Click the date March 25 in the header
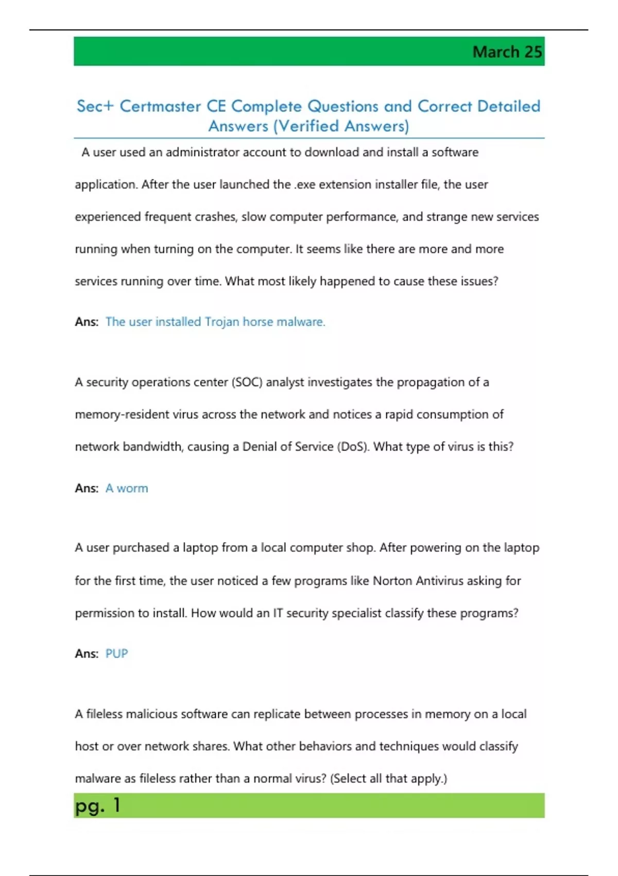[507, 52]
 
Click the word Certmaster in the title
[160, 106]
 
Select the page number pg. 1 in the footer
[97, 805]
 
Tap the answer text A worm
[127, 488]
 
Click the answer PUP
[116, 654]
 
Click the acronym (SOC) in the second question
[247, 382]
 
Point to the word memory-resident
[122, 415]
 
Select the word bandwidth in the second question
[153, 447]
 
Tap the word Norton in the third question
[392, 581]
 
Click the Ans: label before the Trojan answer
[87, 322]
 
